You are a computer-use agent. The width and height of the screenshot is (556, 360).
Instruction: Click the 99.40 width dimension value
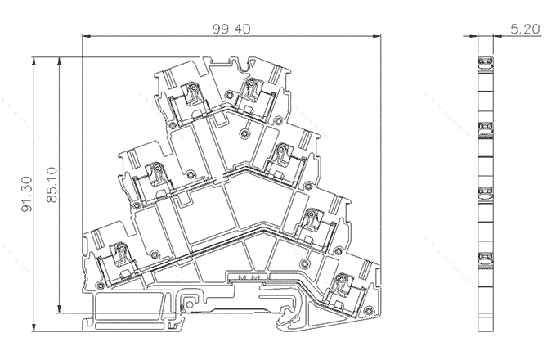[231, 28]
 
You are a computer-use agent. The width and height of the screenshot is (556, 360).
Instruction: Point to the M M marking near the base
[247, 278]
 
